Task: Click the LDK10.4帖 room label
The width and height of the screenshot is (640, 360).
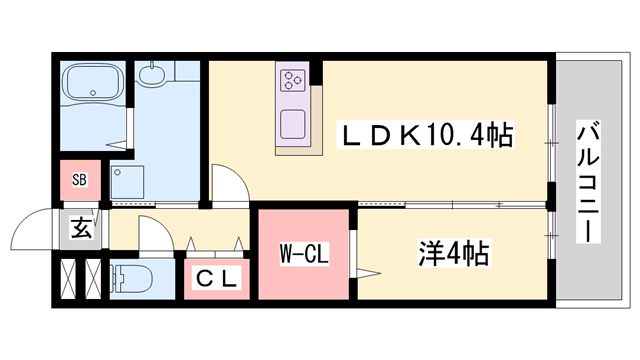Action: (x=427, y=136)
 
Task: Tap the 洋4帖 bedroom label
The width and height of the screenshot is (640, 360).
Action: (x=453, y=253)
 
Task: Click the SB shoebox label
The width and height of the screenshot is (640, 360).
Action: (x=79, y=181)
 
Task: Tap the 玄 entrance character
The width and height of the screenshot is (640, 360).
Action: (x=80, y=228)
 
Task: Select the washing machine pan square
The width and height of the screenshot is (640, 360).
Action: (x=129, y=183)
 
